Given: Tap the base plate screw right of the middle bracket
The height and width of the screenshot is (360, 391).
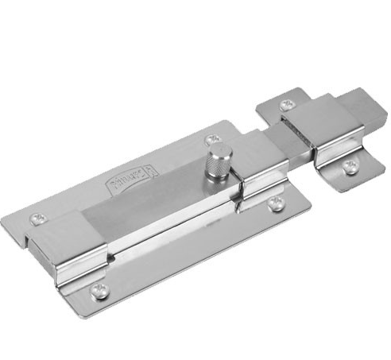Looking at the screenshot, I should tap(276, 204).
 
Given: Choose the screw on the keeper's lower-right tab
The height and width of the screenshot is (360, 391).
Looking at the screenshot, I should tap(350, 165).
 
